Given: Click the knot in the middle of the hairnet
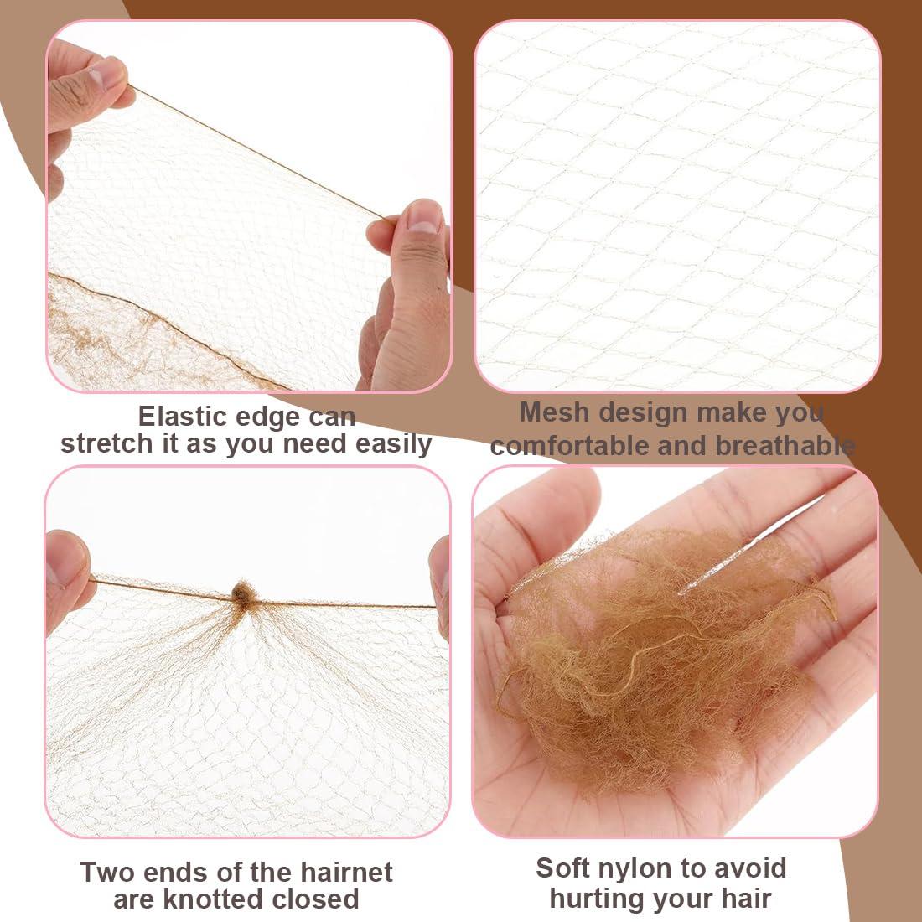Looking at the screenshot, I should point(245,594).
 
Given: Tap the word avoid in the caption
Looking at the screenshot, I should point(745,868).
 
